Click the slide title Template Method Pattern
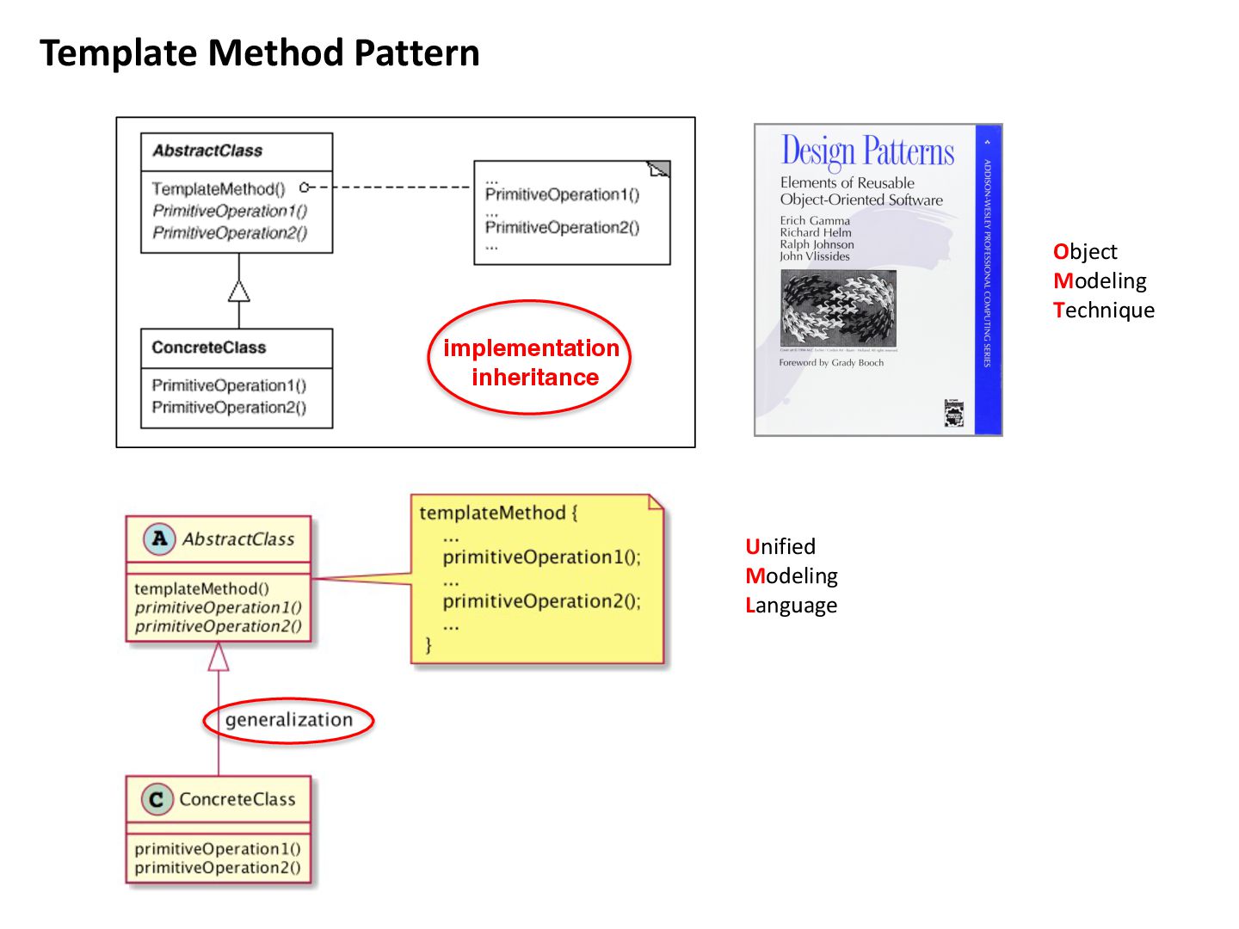click(x=259, y=53)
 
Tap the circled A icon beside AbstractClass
click(x=159, y=539)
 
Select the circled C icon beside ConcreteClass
click(x=157, y=800)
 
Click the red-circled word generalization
click(x=289, y=720)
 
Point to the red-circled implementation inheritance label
click(x=531, y=362)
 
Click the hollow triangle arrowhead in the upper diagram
click(x=239, y=292)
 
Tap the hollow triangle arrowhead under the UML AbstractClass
click(x=219, y=657)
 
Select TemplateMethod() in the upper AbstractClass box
click(x=218, y=188)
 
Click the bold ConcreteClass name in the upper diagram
click(x=209, y=348)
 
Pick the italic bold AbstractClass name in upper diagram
click(x=207, y=151)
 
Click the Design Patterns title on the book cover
click(x=867, y=151)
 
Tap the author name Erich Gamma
click(x=814, y=220)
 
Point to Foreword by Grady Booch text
click(x=831, y=362)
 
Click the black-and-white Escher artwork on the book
click(x=838, y=307)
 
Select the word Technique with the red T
click(x=1104, y=310)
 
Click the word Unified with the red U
click(x=780, y=546)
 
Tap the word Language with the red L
click(x=791, y=605)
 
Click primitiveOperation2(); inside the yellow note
click(x=541, y=600)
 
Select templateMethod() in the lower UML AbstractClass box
click(x=201, y=588)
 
